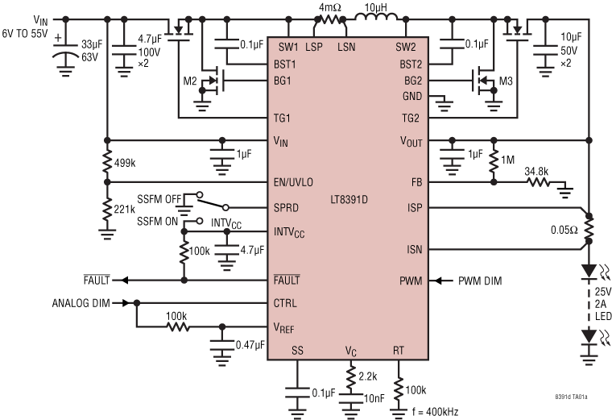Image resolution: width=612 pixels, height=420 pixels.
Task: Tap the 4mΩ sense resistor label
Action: coord(331,7)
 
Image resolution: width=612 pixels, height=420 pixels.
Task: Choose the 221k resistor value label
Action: coord(125,209)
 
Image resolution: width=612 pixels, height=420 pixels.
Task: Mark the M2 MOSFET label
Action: coord(189,81)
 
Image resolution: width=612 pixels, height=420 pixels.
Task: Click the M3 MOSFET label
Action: coord(505,81)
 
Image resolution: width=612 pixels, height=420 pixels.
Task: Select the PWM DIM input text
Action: coord(479,281)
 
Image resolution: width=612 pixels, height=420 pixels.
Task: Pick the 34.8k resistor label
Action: coord(539,172)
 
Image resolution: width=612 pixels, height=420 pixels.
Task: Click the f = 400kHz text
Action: coord(434,412)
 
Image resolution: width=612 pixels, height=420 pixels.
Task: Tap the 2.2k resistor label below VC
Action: coord(367,376)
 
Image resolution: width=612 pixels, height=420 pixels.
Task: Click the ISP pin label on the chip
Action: coord(415,208)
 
